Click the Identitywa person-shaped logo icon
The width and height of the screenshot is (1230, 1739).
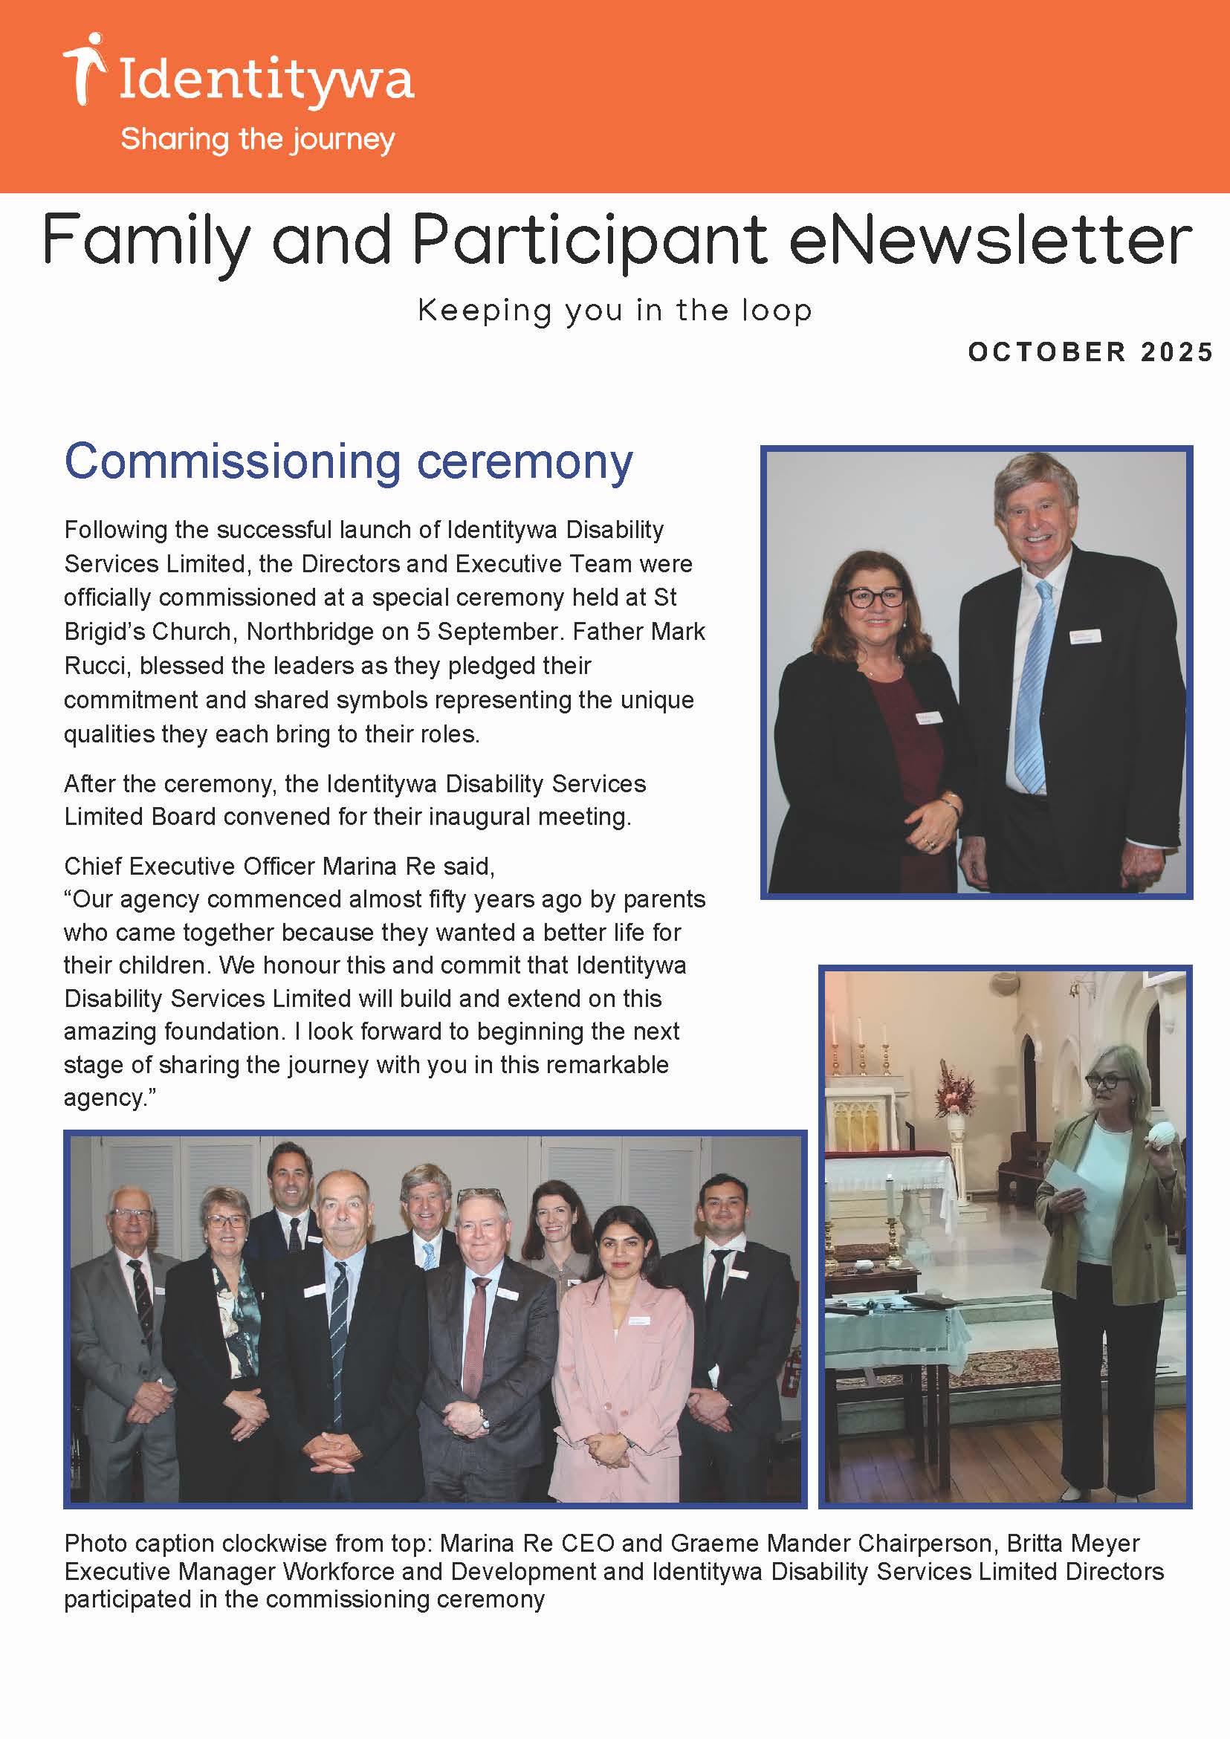[x=84, y=68]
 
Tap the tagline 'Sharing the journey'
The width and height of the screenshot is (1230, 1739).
[x=257, y=140]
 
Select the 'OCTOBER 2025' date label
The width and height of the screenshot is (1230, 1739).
[x=1090, y=352]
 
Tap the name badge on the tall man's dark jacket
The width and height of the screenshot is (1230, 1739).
[x=1084, y=636]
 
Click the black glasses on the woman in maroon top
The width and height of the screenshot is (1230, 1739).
[x=875, y=597]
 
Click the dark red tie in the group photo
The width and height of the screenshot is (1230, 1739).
[x=476, y=1336]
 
